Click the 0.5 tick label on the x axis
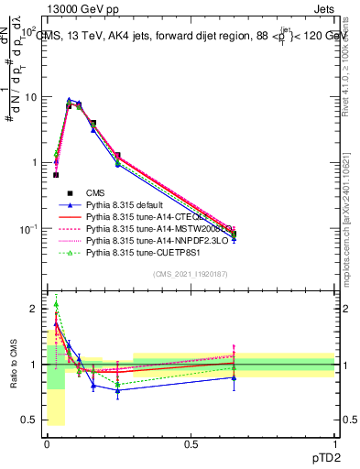click(x=191, y=442)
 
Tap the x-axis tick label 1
click(x=334, y=442)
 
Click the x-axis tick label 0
click(x=47, y=442)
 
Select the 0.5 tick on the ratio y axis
click(x=31, y=420)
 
